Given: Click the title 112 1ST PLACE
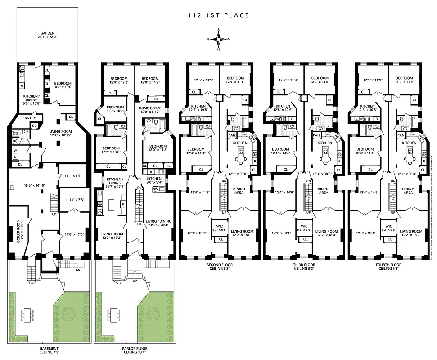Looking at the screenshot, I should coord(218,15).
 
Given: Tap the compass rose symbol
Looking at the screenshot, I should coord(218,40).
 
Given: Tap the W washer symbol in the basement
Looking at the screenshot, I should coord(16,150).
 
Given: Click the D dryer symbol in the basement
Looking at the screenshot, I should coord(16,157).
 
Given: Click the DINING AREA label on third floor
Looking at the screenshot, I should coord(323,191).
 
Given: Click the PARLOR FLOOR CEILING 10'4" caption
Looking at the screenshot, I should coord(134,351).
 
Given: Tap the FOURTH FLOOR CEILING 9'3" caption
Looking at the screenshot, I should coord(388,267).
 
